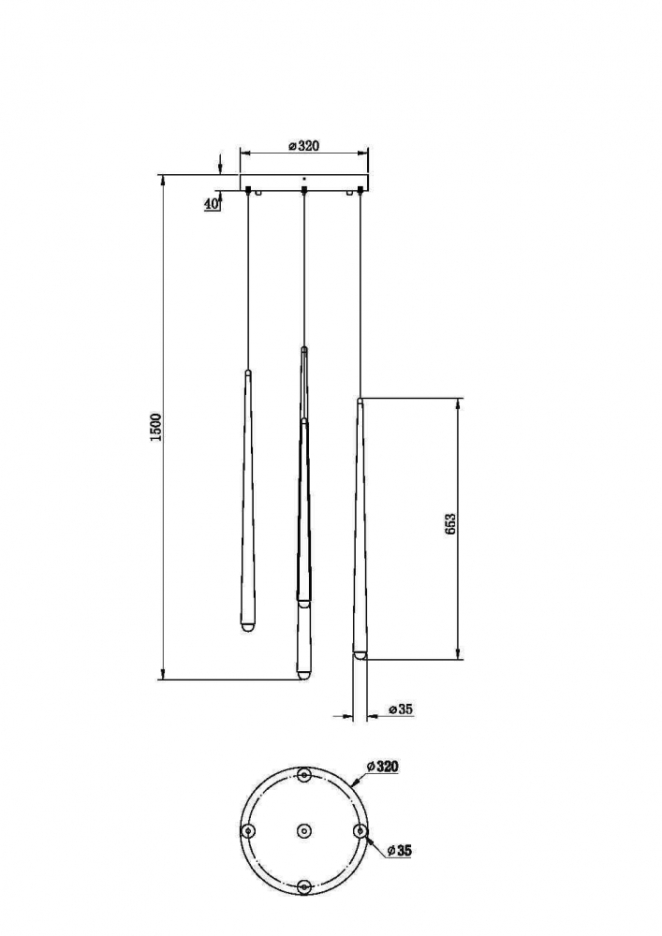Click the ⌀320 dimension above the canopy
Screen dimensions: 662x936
coord(303,146)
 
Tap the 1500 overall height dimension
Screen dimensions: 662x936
coord(156,427)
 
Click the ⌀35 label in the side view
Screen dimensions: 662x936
coord(401,709)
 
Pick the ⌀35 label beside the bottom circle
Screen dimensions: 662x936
coord(399,851)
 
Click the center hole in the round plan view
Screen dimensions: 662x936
coord(304,830)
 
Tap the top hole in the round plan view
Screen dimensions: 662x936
coord(304,774)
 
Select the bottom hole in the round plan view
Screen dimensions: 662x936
coord(304,887)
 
